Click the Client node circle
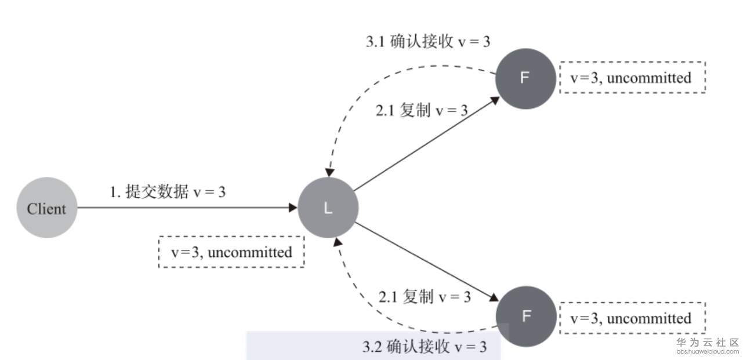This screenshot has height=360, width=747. pos(46,208)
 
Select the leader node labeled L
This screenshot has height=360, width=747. pos(328,208)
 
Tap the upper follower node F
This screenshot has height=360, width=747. pos(525,78)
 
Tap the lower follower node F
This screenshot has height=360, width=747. pos(526,316)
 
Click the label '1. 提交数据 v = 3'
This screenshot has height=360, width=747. pos(168,192)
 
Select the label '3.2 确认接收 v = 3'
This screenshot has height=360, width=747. pos(424,347)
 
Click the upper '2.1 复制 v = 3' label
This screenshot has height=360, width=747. pos(422,111)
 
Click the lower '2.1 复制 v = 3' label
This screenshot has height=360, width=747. pos(425,297)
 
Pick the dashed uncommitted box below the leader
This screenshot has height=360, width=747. pos(231,252)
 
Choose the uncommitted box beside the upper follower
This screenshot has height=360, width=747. pos(632,77)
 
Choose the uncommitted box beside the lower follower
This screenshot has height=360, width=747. pos(632,318)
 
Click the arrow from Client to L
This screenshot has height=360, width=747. pos(186,207)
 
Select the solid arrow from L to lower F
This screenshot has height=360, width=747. pos(426,261)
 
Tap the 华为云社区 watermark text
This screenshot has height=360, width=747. pos(707,343)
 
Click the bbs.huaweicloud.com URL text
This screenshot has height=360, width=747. pos(707,351)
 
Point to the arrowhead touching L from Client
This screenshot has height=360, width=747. pos(293,207)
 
